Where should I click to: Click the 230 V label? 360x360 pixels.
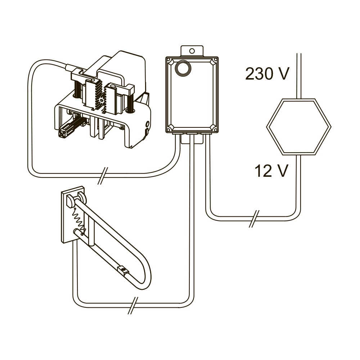(267, 74)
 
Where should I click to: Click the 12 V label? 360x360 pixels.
(271, 171)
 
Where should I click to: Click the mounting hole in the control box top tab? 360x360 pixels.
(192, 51)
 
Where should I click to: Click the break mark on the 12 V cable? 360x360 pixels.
(254, 219)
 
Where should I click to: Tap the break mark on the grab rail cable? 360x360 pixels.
(133, 305)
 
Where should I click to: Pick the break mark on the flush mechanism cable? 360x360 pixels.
(103, 176)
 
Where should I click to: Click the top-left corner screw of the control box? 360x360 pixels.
(168, 60)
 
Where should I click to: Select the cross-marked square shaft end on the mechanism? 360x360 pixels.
(63, 133)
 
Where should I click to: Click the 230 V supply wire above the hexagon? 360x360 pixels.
(299, 76)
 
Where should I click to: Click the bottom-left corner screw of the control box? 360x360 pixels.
(168, 129)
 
